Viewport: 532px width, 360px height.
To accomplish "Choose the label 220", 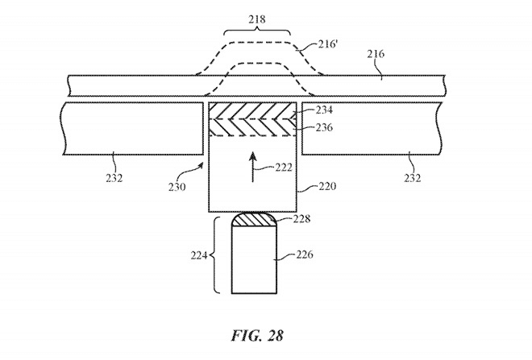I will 326,185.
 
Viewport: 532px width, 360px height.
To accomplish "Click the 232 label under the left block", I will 114,177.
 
